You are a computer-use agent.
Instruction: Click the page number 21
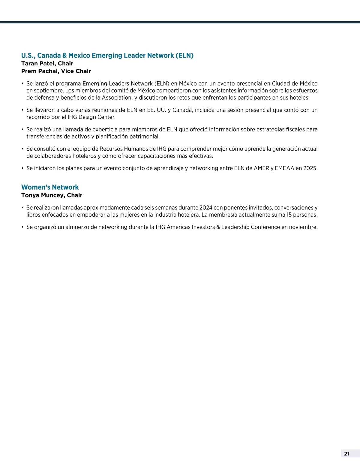pos(347,454)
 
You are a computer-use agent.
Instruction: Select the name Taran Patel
pos(38,63)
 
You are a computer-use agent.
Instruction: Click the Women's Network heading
pos(50,187)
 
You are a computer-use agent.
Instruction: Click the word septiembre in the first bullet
pos(49,91)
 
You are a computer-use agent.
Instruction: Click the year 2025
pos(310,168)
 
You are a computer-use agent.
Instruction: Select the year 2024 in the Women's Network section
pos(205,208)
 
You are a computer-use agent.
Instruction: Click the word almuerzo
pos(77,227)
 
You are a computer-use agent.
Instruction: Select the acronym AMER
pos(261,168)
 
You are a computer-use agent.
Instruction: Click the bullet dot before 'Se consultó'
pos(22,149)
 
